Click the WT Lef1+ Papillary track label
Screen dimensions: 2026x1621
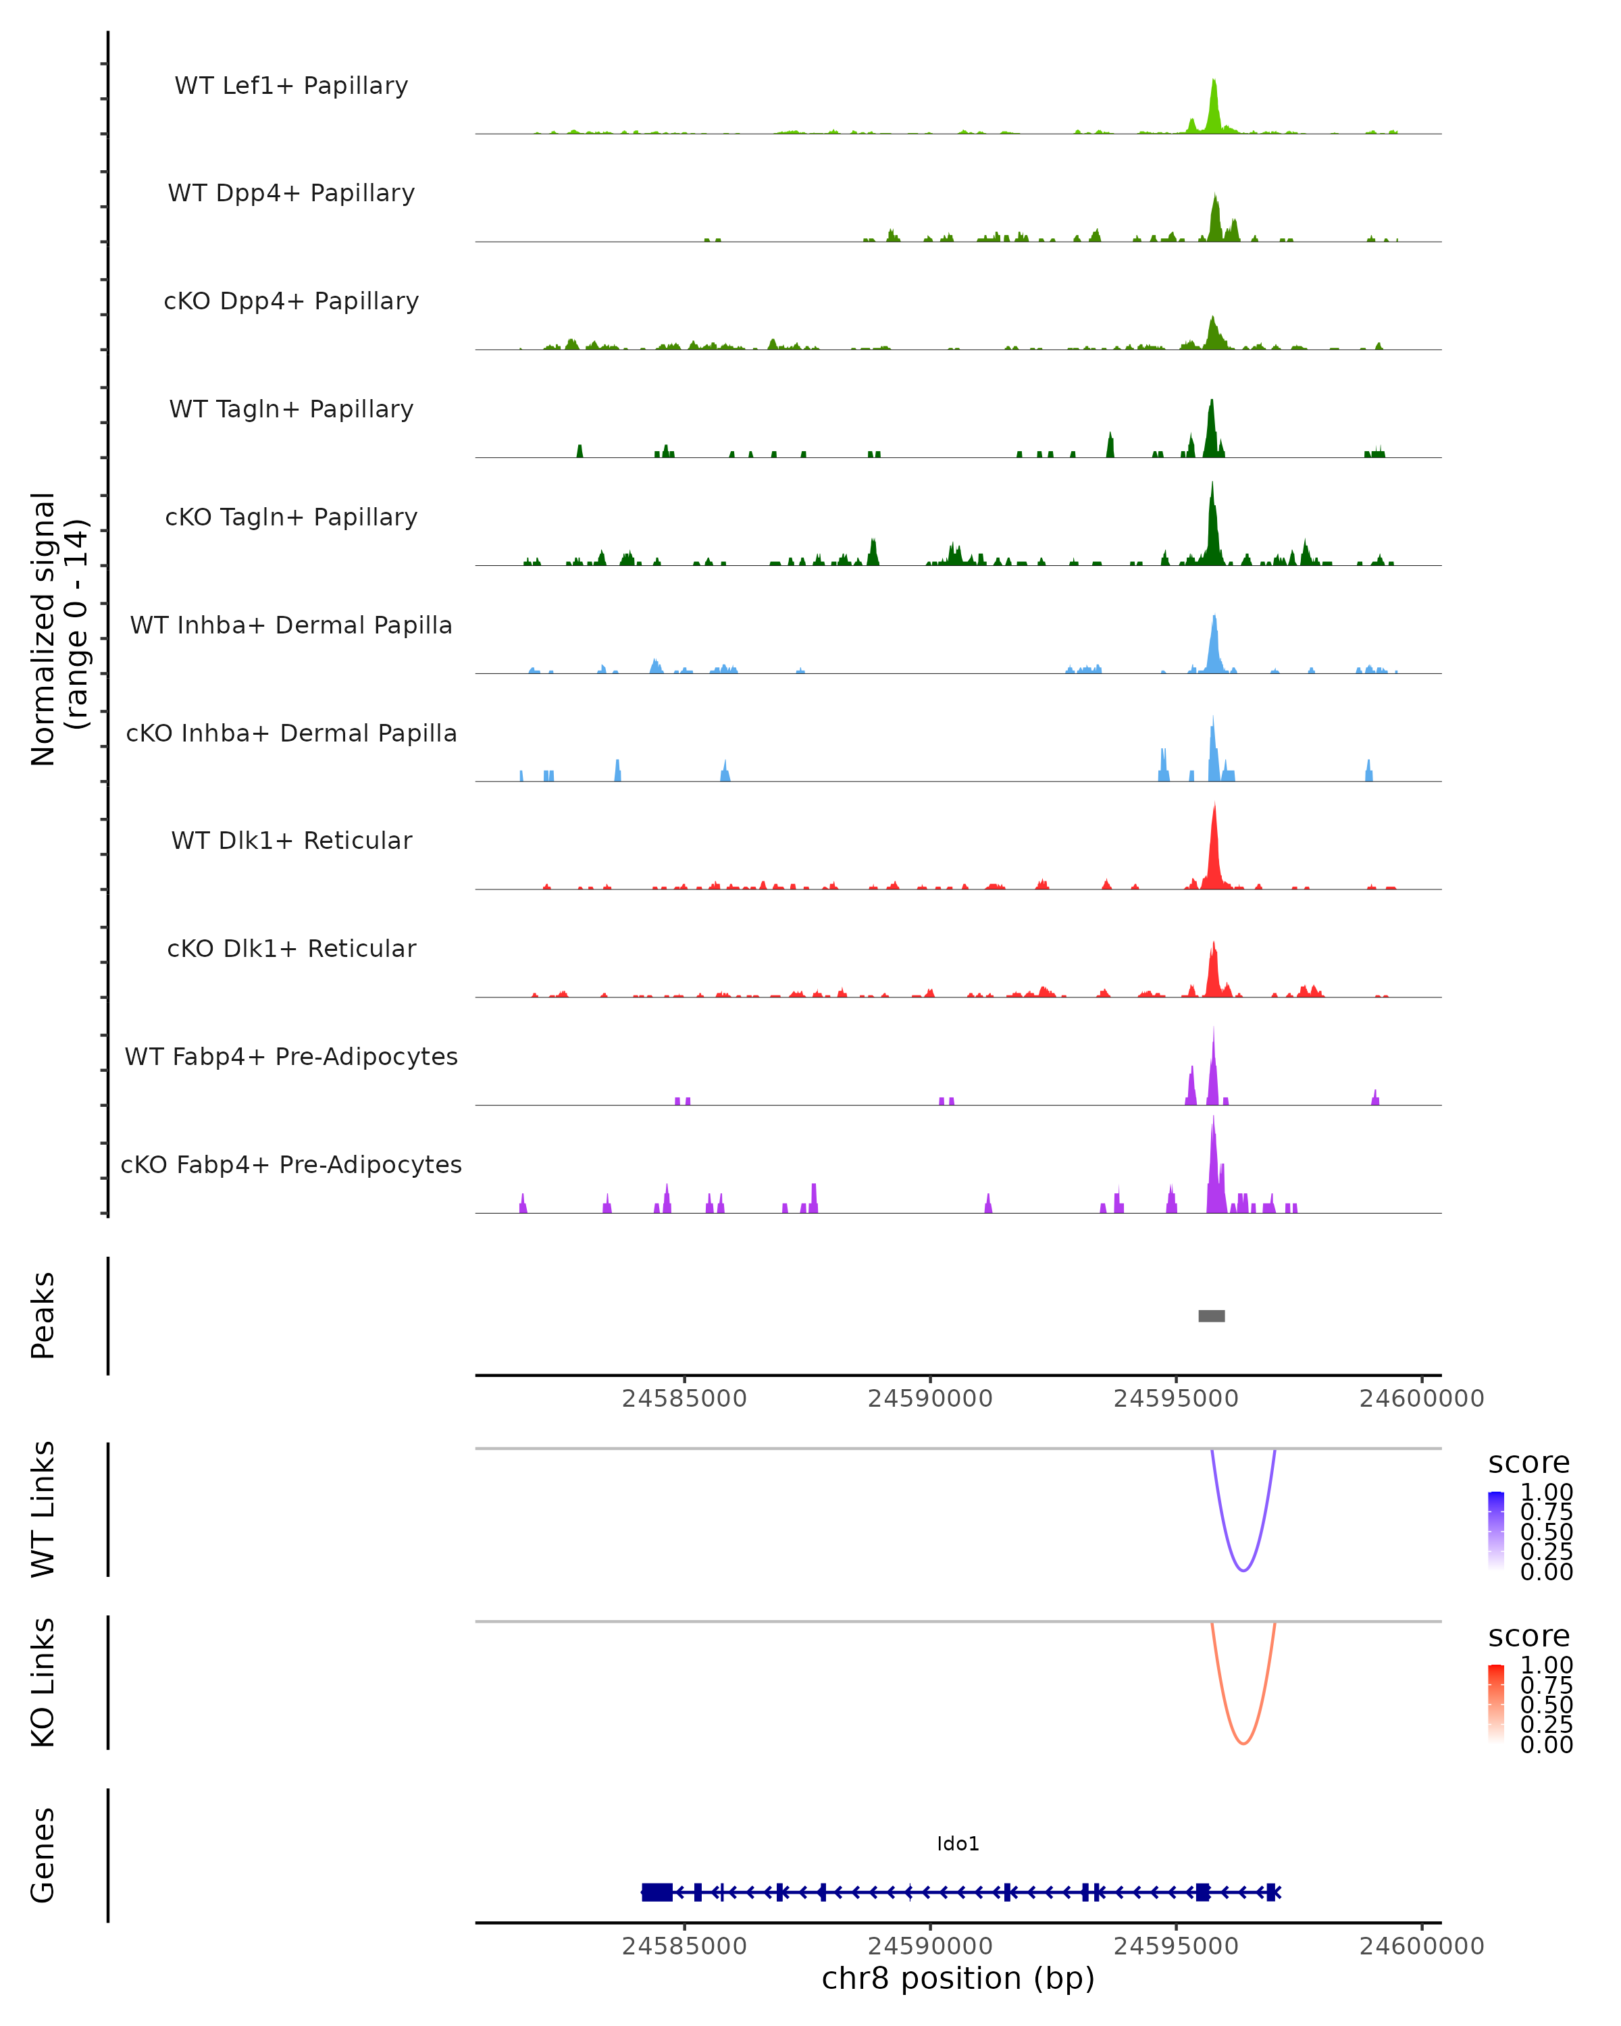click(291, 86)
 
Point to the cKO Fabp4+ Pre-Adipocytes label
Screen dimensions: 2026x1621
click(291, 1164)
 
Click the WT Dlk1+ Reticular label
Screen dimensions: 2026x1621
click(291, 840)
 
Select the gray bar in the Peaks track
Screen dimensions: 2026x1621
click(1211, 1316)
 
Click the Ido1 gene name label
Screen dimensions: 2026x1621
click(958, 1844)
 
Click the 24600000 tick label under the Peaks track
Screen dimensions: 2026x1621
click(1421, 1399)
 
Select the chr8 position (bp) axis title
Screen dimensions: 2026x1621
click(958, 1979)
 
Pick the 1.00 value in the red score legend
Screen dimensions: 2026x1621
click(1546, 1665)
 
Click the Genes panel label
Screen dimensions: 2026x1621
click(43, 1855)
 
